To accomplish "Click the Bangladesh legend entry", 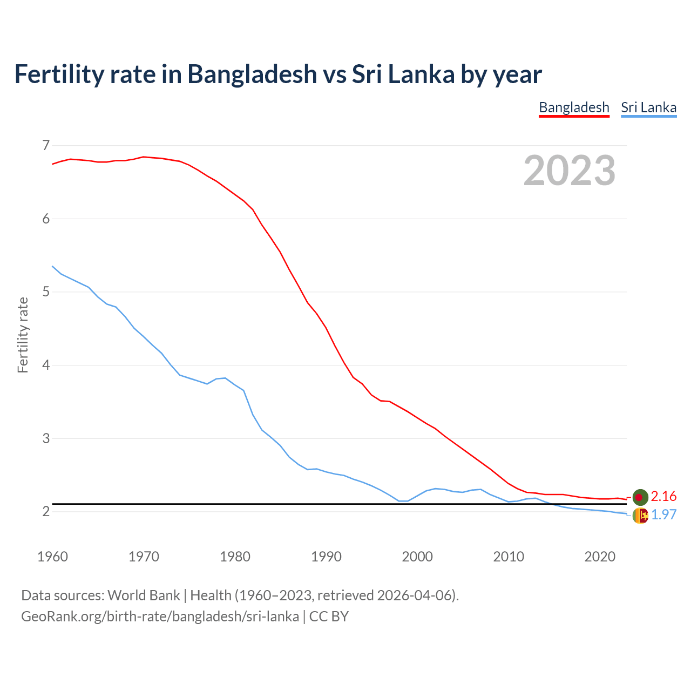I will pyautogui.click(x=574, y=107).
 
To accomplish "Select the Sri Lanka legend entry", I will pyautogui.click(x=648, y=107).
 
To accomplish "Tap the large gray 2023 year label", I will pyautogui.click(x=570, y=171).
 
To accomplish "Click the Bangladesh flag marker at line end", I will pyautogui.click(x=640, y=497).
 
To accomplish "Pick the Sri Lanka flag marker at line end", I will pyautogui.click(x=640, y=516).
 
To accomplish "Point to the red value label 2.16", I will pyautogui.click(x=663, y=497).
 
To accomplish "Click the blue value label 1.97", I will pyautogui.click(x=663, y=515).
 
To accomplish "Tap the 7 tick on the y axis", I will pyautogui.click(x=46, y=145).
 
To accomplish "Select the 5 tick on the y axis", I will pyautogui.click(x=46, y=292).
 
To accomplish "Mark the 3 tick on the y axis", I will pyautogui.click(x=46, y=438).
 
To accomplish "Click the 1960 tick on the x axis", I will pyautogui.click(x=52, y=557).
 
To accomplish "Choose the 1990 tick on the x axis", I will pyautogui.click(x=326, y=557).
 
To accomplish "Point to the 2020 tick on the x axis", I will pyautogui.click(x=600, y=557).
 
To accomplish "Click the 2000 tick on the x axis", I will pyautogui.click(x=417, y=557).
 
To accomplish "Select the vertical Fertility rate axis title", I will pyautogui.click(x=23, y=335).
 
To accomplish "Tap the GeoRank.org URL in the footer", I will pyautogui.click(x=160, y=617).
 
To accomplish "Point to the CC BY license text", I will pyautogui.click(x=329, y=617).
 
